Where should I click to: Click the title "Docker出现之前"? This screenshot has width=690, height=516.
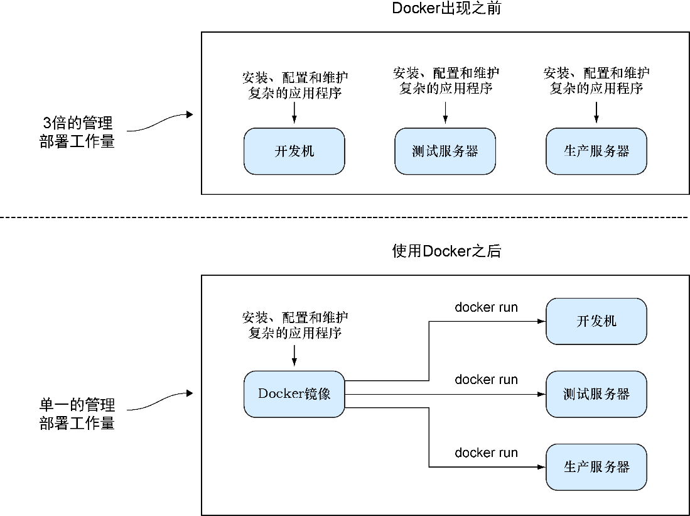(x=446, y=9)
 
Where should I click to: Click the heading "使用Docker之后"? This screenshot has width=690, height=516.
(x=446, y=252)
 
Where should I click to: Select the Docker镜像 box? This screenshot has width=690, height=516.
(x=294, y=394)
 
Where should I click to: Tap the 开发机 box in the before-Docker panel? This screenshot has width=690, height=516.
(x=294, y=151)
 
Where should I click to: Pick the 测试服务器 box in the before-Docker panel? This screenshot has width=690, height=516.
(x=445, y=151)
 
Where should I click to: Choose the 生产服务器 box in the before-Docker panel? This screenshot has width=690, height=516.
(x=596, y=151)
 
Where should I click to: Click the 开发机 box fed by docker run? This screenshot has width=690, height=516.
(x=596, y=321)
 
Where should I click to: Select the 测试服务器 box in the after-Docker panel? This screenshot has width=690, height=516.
(x=596, y=394)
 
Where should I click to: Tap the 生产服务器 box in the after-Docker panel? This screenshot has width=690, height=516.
(x=596, y=467)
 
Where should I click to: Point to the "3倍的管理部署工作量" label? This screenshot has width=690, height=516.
(x=77, y=132)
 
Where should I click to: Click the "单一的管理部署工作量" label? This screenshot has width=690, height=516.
(x=77, y=414)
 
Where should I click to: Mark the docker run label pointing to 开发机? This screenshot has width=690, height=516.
(x=486, y=307)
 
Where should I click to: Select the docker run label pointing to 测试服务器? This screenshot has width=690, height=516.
(x=486, y=380)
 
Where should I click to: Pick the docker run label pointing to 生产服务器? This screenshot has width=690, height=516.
(x=486, y=453)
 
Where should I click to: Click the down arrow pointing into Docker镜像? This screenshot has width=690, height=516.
(x=294, y=356)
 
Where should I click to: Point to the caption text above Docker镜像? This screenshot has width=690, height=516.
(x=294, y=325)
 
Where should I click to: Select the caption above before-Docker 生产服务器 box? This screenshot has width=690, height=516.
(x=596, y=80)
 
